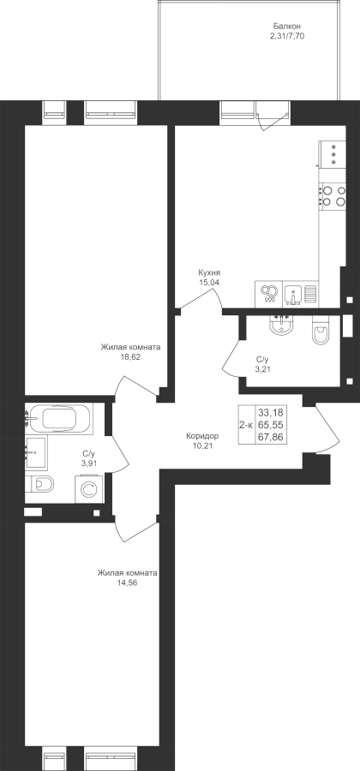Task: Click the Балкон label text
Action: pyautogui.click(x=287, y=26)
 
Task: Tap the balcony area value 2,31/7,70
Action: pyautogui.click(x=287, y=36)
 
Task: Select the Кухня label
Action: pyautogui.click(x=209, y=272)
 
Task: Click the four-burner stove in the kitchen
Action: pyautogui.click(x=333, y=196)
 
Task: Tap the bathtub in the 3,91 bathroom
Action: pyautogui.click(x=58, y=419)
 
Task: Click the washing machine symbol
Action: pyautogui.click(x=89, y=489)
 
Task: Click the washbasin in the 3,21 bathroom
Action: pyautogui.click(x=281, y=325)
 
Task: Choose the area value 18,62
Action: pyautogui.click(x=130, y=357)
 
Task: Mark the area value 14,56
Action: pyautogui.click(x=128, y=583)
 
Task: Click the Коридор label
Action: pyautogui.click(x=202, y=436)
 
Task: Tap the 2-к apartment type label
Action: pyautogui.click(x=246, y=425)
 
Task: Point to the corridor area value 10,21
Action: pyautogui.click(x=202, y=446)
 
